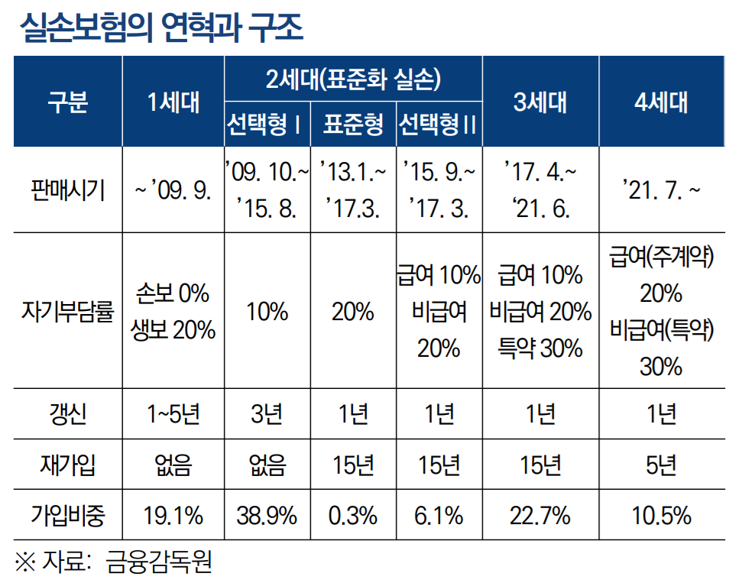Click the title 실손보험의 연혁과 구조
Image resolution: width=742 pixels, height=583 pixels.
162,28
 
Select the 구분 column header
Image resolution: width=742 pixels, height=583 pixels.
67,101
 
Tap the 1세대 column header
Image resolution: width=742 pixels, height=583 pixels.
173,101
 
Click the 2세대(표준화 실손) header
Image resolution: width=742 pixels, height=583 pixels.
353,78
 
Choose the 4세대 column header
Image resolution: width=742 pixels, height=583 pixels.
661,101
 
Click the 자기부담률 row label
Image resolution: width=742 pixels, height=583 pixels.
67,311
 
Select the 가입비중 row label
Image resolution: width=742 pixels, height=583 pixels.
67,516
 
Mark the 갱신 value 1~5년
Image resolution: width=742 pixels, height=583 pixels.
173,414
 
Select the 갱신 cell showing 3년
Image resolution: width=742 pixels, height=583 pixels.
267,414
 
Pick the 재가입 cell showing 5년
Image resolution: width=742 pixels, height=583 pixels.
661,465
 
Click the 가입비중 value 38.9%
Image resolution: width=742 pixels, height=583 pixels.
267,516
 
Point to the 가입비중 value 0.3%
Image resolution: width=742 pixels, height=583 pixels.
353,516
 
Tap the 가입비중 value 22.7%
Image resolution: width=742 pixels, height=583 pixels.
540,516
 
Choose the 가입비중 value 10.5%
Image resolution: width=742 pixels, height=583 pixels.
661,516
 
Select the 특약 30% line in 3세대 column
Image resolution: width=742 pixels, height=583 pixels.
540,348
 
